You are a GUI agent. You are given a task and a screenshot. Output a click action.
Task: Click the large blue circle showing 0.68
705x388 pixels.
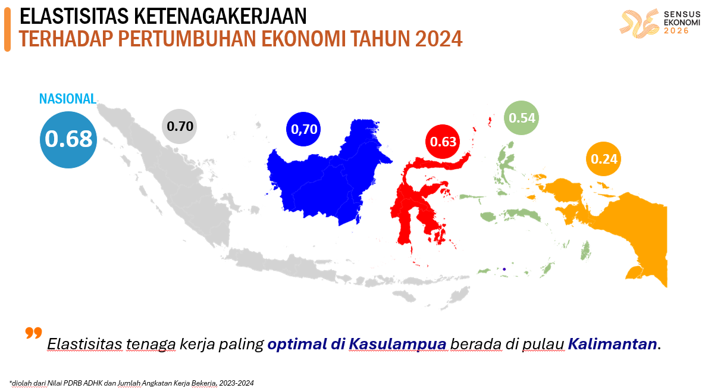pyautogui.click(x=68, y=139)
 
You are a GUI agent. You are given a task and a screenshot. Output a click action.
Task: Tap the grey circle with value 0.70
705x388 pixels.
pyautogui.click(x=180, y=126)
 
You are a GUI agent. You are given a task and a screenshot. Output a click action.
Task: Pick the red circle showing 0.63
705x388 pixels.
pyautogui.click(x=443, y=142)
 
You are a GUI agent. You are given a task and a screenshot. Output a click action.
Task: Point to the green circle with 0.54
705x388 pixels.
pyautogui.click(x=522, y=118)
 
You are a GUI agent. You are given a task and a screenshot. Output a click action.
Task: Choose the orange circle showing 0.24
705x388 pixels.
pyautogui.click(x=603, y=159)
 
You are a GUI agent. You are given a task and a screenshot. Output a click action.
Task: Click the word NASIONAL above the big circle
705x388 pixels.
pyautogui.click(x=68, y=99)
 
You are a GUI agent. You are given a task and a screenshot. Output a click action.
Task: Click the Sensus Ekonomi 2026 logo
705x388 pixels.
pyautogui.click(x=655, y=23)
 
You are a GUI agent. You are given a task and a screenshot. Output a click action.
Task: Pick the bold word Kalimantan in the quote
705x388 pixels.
pyautogui.click(x=613, y=344)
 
